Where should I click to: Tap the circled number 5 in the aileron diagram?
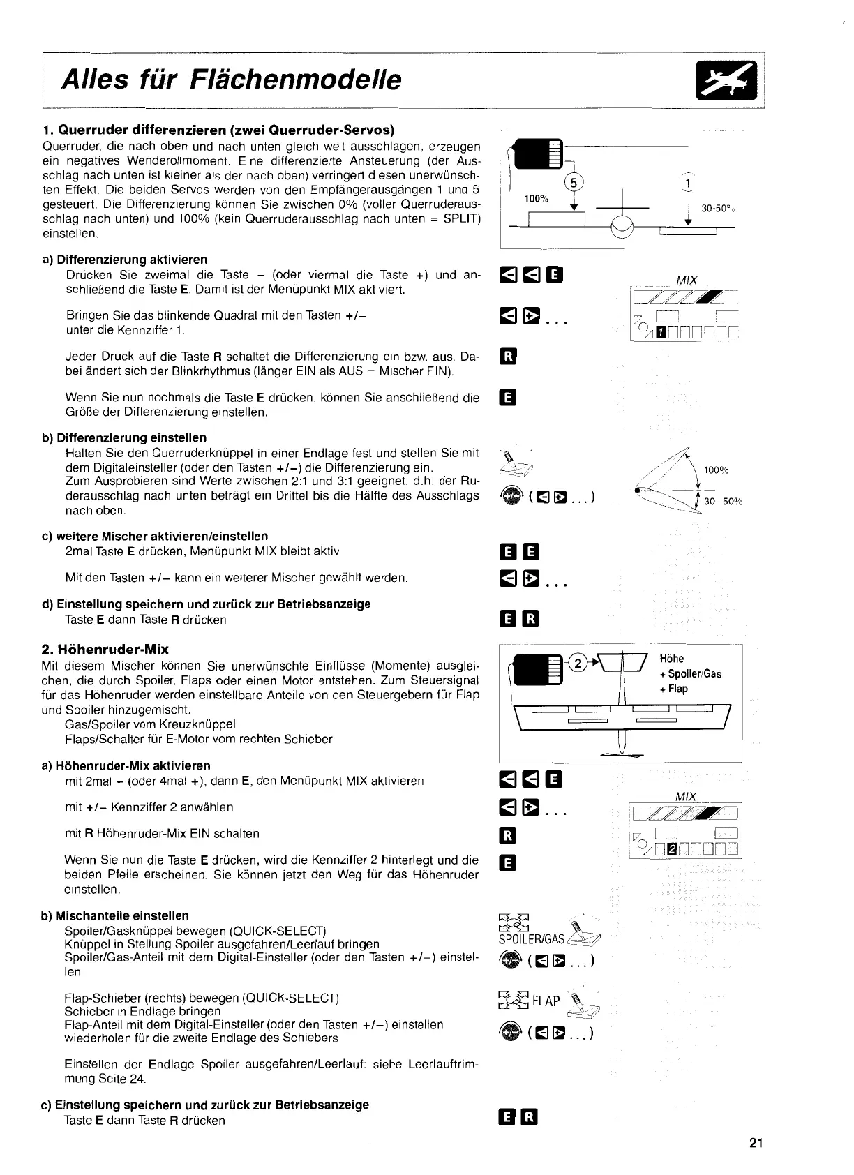[574, 183]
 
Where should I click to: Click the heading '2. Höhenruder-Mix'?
[105, 649]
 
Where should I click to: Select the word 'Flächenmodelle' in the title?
[296, 80]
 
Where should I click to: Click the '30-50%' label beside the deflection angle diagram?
[723, 501]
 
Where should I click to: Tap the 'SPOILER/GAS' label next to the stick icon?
[532, 940]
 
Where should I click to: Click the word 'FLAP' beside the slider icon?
[546, 1001]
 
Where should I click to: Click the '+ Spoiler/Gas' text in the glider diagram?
[690, 674]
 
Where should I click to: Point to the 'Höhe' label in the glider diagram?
[672, 659]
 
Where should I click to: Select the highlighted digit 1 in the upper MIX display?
[658, 332]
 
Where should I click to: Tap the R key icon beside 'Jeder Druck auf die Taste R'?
[509, 357]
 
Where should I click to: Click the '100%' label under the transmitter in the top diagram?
[536, 199]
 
